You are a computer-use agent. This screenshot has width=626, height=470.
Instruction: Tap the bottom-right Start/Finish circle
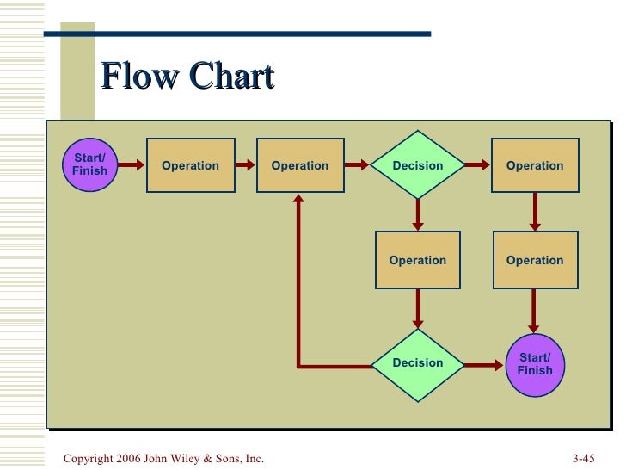[534, 364]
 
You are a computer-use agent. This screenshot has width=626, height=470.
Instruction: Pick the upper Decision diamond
[418, 165]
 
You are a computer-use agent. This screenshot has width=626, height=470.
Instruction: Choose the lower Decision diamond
[418, 364]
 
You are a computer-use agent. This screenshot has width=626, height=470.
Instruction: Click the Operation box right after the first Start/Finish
[191, 165]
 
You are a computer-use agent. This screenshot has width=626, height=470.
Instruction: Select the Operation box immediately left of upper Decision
[300, 165]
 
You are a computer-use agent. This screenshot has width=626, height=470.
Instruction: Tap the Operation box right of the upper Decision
[535, 165]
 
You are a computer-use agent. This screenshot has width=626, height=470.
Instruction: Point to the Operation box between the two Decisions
[418, 260]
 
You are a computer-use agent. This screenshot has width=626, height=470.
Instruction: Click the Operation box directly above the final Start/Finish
[535, 260]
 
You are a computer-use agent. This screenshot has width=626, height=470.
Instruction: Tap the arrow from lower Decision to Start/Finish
[483, 365]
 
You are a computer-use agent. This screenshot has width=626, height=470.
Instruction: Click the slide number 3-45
[583, 459]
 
